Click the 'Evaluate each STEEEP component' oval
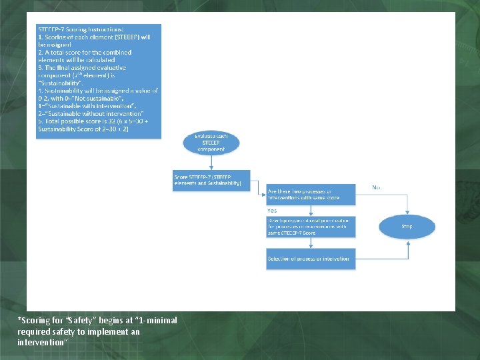[211, 143]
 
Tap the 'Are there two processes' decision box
[310, 195]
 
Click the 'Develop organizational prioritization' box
[310, 227]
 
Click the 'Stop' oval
[407, 227]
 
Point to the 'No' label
[376, 188]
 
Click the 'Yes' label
[272, 211]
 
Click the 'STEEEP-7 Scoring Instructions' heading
[72, 29]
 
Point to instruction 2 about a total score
[85, 56]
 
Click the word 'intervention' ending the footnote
[39, 342]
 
